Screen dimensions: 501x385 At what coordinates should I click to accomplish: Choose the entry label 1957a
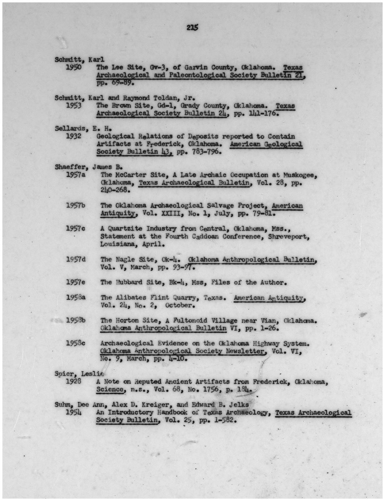coord(76,175)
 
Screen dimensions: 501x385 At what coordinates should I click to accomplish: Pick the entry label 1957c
coord(76,228)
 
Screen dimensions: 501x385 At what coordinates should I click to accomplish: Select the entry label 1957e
coord(76,282)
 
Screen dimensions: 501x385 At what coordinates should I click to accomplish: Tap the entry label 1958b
coord(76,320)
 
